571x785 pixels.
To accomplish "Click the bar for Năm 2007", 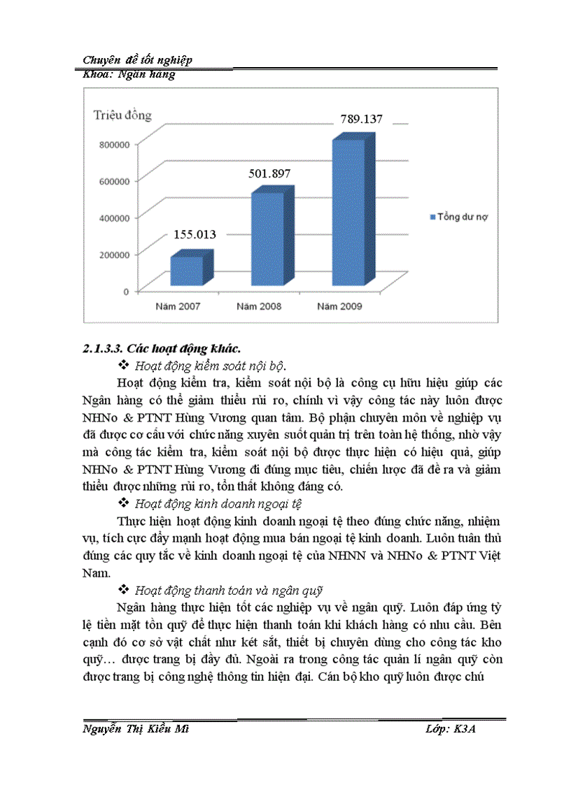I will [185, 269].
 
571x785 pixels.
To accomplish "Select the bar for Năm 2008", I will [266, 238].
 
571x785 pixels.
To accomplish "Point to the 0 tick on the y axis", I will [125, 291].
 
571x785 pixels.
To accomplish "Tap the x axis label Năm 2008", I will [260, 305].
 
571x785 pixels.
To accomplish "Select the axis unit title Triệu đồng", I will [122, 115].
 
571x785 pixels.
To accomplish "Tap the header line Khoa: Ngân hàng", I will [129, 75].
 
